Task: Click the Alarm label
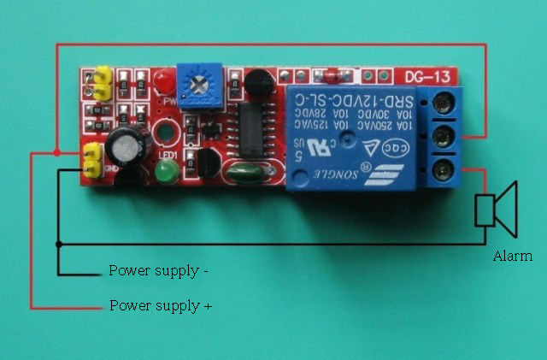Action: (513, 256)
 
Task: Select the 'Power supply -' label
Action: (158, 271)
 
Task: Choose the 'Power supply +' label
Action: (160, 304)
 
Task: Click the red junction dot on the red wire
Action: (56, 152)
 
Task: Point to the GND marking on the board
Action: (110, 168)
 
